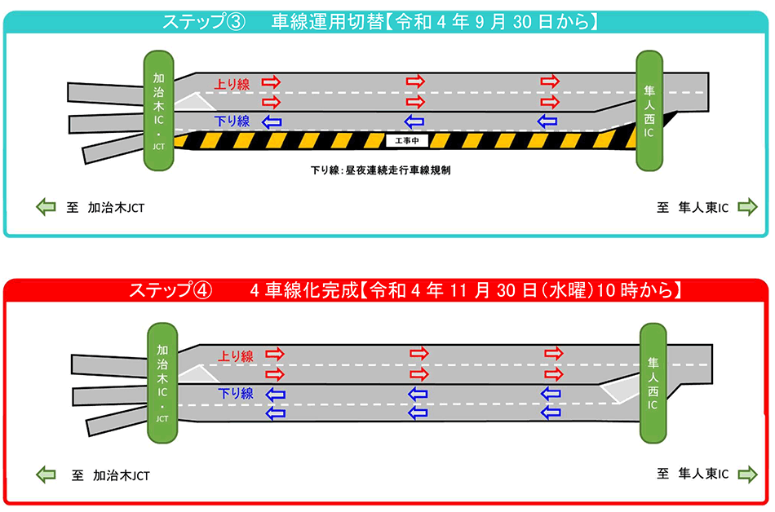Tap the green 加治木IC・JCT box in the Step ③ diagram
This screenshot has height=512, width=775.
click(160, 111)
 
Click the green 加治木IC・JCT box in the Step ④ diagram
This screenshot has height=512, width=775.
click(162, 381)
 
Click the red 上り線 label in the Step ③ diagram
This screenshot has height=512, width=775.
click(232, 83)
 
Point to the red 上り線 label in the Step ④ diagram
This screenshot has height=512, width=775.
click(237, 355)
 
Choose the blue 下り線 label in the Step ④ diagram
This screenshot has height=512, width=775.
click(236, 394)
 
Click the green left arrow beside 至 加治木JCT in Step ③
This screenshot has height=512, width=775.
click(46, 208)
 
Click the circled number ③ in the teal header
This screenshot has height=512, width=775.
click(234, 22)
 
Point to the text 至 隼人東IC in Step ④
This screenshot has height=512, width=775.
click(693, 473)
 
